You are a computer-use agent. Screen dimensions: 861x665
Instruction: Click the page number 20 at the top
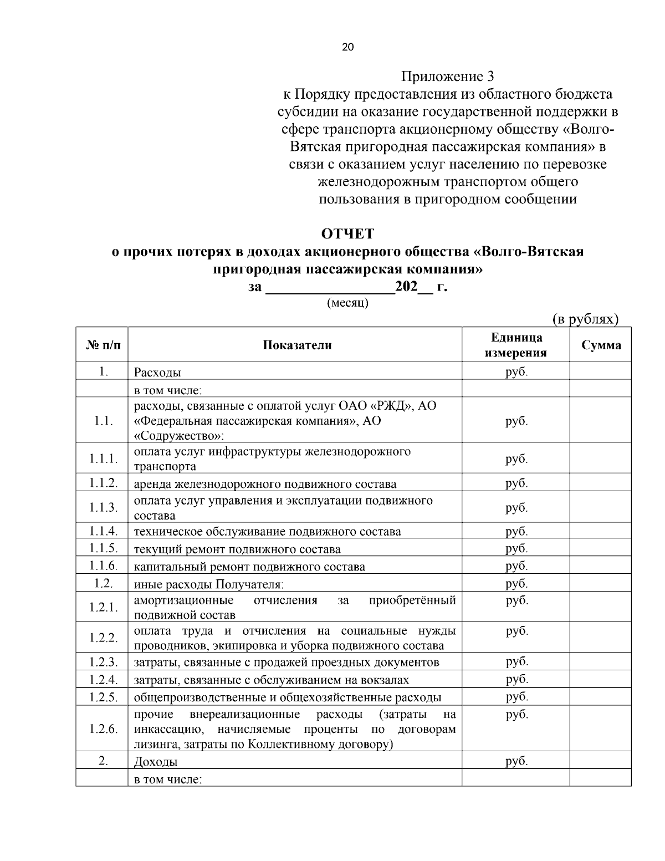347,47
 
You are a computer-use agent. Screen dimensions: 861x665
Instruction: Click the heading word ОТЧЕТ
347,233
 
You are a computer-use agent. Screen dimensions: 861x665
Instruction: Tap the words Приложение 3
447,77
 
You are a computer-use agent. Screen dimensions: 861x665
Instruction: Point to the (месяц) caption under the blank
347,303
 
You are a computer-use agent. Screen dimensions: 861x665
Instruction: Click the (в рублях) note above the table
585,319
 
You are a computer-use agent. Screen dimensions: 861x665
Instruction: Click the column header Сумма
601,345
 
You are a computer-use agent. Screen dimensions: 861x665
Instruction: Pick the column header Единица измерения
516,345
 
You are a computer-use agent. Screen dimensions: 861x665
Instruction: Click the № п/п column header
103,345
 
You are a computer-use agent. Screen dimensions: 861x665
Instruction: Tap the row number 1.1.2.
103,483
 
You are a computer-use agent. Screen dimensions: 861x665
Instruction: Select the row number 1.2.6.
103,728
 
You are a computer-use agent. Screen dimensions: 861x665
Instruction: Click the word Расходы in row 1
157,372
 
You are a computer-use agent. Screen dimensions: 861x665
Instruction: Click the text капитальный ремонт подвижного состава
249,567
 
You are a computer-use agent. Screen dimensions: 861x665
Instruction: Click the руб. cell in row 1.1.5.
516,549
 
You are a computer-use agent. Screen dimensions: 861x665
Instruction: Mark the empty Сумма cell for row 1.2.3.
601,662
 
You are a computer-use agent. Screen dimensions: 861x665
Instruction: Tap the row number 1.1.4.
103,531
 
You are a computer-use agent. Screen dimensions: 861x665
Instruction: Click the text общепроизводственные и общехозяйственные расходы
288,697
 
